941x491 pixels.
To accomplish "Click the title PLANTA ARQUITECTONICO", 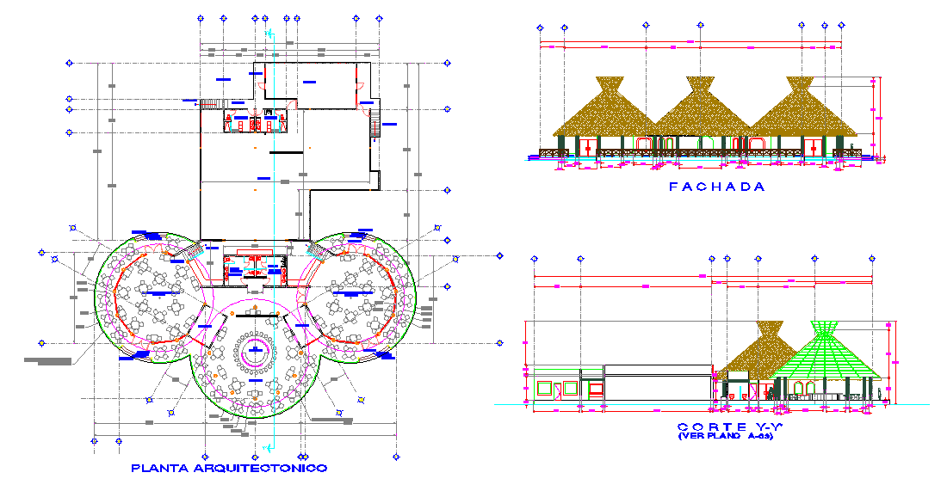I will pos(229,468).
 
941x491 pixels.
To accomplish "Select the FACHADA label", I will pos(716,187).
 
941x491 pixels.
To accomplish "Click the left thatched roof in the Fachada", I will pos(608,111).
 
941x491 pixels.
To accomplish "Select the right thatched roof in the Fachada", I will pos(800,112).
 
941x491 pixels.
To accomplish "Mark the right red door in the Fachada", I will pos(813,146).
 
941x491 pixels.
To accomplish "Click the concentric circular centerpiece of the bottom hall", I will pos(255,349).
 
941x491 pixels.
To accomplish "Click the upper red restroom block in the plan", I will pos(255,122).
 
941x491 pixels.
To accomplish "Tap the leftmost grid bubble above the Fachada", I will pos(541,28).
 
